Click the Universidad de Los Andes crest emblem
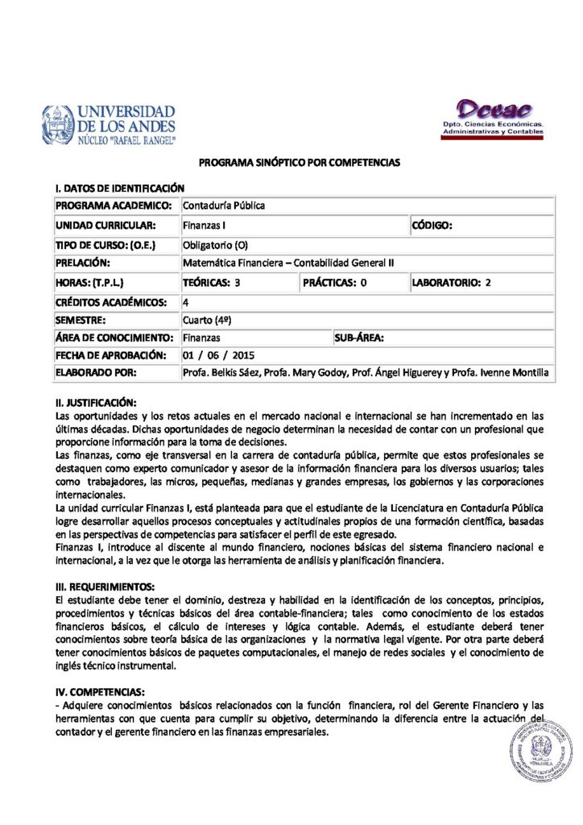(58, 125)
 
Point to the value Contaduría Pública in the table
(224, 206)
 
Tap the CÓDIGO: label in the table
(432, 226)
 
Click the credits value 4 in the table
(186, 302)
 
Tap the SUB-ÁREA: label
(359, 338)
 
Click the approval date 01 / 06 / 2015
(219, 355)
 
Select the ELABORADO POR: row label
(96, 373)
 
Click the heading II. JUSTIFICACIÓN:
(96, 402)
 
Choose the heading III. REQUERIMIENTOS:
(105, 586)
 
